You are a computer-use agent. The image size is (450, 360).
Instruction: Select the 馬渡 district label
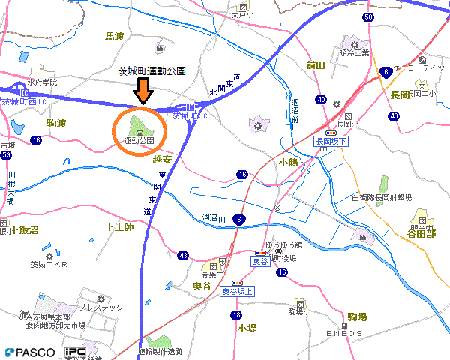click(x=114, y=36)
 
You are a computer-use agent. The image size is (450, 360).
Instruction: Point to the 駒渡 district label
click(x=56, y=123)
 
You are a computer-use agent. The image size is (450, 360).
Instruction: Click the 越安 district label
click(x=162, y=159)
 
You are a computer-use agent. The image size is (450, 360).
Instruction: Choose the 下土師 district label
click(x=118, y=226)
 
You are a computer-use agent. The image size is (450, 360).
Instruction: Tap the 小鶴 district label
click(x=288, y=162)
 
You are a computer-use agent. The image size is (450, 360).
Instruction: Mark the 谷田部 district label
click(x=422, y=233)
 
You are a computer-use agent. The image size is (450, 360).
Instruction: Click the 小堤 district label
click(x=247, y=328)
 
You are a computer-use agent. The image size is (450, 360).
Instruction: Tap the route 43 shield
click(x=183, y=256)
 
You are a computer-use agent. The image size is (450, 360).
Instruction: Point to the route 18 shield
click(x=237, y=314)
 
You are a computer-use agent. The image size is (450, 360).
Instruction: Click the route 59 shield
click(x=6, y=155)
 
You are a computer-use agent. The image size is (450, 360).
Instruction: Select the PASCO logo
click(x=30, y=352)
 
